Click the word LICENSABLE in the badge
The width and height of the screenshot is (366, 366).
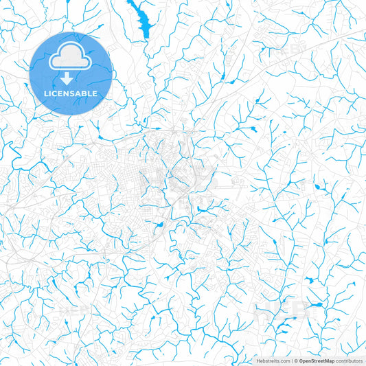tap(71, 93)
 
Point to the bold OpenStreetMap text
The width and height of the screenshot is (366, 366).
tap(317, 361)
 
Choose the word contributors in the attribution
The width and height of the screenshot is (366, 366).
tap(349, 361)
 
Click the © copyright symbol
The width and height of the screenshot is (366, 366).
tap(296, 361)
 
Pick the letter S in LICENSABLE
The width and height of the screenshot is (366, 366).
tap(74, 93)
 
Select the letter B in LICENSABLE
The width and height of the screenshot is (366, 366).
tap(86, 93)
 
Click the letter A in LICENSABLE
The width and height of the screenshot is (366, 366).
tap(80, 93)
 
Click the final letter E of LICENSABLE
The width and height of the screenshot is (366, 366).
tap(95, 93)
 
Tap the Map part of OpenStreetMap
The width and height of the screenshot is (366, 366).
tap(328, 361)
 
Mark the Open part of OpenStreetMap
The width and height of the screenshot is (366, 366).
tap(306, 361)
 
